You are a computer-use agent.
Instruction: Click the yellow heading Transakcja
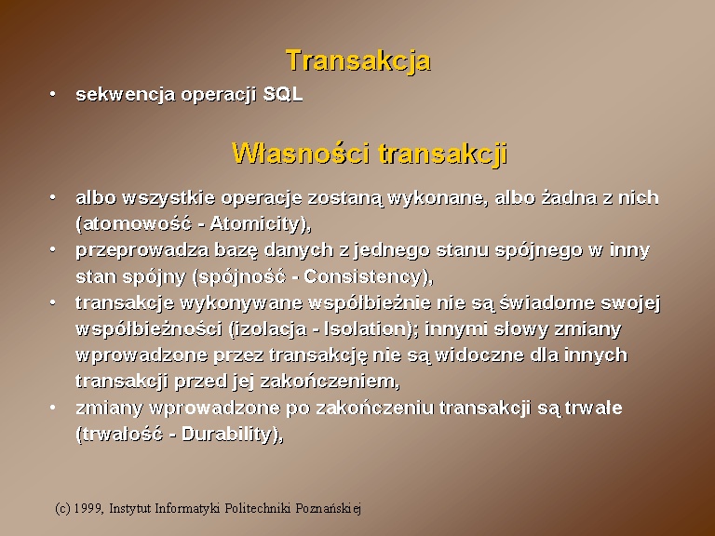(x=357, y=61)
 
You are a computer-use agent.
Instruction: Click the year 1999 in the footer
(x=88, y=508)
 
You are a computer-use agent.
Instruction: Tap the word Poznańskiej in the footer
(x=328, y=508)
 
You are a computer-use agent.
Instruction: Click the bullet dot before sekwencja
(x=53, y=94)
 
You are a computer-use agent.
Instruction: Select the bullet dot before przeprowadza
(x=53, y=249)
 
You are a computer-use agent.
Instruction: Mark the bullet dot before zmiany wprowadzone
(x=53, y=408)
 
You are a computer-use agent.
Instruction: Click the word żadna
(x=573, y=198)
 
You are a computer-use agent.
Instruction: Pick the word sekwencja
(x=126, y=95)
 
